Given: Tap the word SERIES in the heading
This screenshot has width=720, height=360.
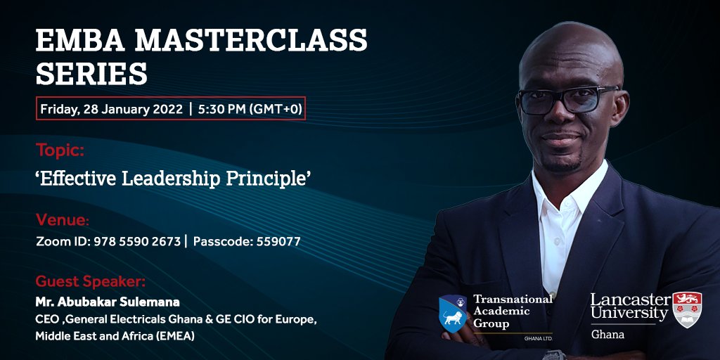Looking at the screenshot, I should [x=91, y=73].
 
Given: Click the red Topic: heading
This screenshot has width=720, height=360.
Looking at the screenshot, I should [x=60, y=150].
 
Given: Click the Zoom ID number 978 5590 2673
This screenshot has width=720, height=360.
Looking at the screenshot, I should [x=146, y=241].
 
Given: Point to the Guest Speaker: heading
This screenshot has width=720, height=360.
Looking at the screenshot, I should [x=91, y=282].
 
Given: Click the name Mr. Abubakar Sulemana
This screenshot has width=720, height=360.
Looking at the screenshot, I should [x=108, y=302].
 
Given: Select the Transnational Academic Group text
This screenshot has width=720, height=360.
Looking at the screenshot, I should [x=512, y=311].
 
